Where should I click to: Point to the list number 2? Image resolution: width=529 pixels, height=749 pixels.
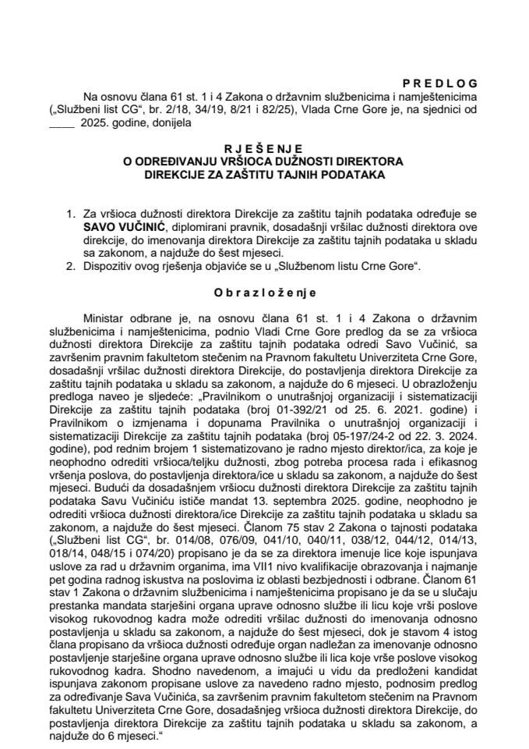coord(71,267)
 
